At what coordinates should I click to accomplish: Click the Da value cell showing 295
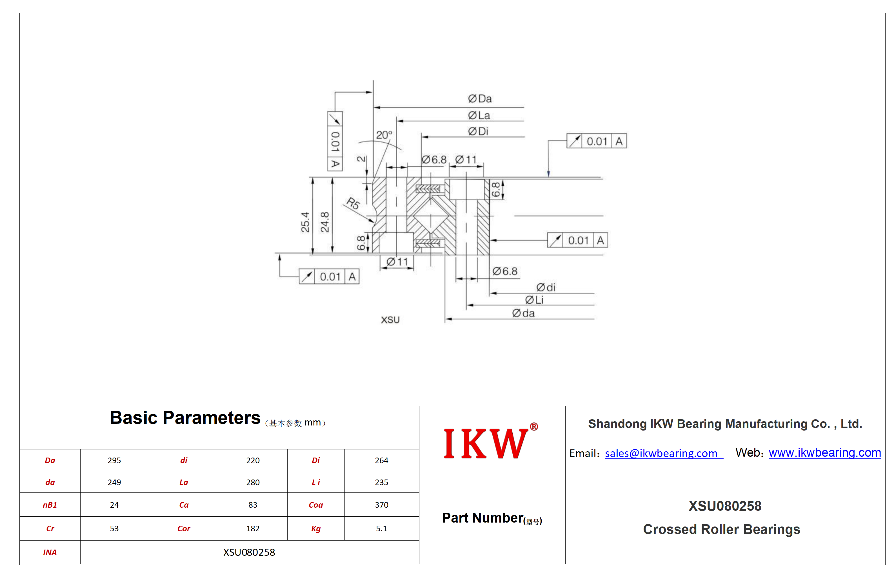[114, 461]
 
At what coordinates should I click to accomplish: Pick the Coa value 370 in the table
[381, 505]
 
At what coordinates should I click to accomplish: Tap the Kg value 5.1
[381, 528]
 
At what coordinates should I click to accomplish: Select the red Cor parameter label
[184, 528]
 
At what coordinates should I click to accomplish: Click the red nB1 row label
[50, 505]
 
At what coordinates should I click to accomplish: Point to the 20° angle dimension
[384, 135]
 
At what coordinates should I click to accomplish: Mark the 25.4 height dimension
[305, 222]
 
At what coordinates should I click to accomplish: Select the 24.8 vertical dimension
[324, 222]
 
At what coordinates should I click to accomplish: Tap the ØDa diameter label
[480, 99]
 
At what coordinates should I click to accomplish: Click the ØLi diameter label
[534, 300]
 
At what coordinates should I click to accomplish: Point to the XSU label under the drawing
[390, 320]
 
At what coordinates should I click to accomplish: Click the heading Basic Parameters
[185, 418]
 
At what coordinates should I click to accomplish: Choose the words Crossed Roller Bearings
[721, 529]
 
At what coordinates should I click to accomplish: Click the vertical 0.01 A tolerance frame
[335, 141]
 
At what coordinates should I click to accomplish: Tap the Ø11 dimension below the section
[397, 262]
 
